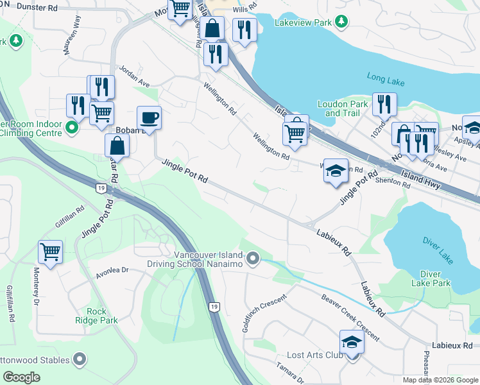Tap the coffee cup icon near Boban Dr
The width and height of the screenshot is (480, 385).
pyautogui.click(x=149, y=117)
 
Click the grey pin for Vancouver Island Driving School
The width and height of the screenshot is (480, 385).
pyautogui.click(x=253, y=259)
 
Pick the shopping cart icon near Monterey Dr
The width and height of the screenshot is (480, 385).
pyautogui.click(x=50, y=251)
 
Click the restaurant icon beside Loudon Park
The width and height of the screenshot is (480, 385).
pyautogui.click(x=384, y=104)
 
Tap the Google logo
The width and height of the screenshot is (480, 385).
pyautogui.click(x=22, y=377)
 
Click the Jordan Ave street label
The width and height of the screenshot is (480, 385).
pyautogui.click(x=134, y=76)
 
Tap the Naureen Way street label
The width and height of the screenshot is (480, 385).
pyautogui.click(x=72, y=37)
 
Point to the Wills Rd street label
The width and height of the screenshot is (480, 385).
pyautogui.click(x=241, y=10)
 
